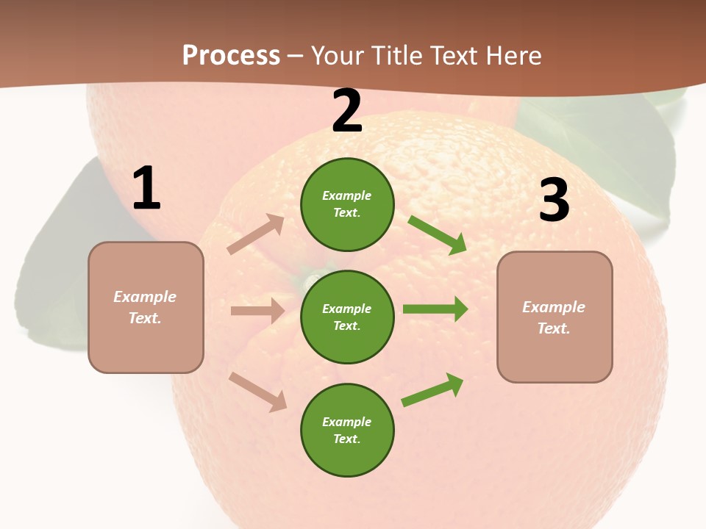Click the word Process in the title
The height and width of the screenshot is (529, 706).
[231, 55]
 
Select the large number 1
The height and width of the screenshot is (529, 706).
[146, 190]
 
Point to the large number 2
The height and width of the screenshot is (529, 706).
[347, 112]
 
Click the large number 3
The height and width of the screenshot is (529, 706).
[554, 201]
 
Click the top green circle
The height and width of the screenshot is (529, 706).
[347, 204]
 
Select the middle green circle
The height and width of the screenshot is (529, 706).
[347, 317]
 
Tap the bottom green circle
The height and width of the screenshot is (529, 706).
[347, 430]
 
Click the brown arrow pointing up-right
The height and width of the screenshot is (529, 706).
[256, 234]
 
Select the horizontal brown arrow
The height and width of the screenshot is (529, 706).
[258, 311]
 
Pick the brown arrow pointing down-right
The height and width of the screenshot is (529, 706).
[258, 392]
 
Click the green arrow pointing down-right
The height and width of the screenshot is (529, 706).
[438, 235]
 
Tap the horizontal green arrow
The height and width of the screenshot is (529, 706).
[435, 309]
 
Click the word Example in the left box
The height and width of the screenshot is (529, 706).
[145, 297]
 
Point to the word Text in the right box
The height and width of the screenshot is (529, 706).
[553, 328]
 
